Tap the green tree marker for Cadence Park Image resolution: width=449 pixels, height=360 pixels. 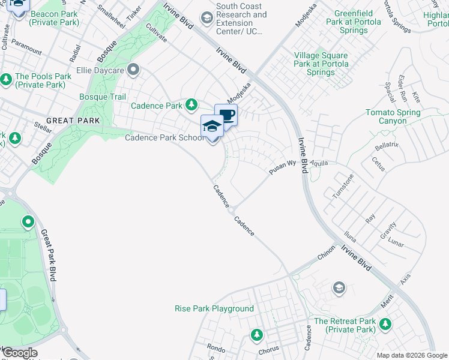pos(191,106)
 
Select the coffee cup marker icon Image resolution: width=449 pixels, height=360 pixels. pos(226,114)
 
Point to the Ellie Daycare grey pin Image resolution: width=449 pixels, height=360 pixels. pos(133,71)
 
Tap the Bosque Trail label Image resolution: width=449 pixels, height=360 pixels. pos(103,97)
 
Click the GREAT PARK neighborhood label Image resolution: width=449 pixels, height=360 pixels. pos(73,121)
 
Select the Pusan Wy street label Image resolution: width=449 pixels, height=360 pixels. pos(282,167)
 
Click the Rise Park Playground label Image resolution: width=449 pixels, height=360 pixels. pos(214,308)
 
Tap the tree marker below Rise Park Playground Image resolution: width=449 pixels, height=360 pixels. pos(257,334)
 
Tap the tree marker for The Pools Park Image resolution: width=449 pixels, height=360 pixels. pos(6,79)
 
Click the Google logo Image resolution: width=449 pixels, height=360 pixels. pos(20,353)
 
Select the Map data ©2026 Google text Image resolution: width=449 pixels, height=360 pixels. pos(412,355)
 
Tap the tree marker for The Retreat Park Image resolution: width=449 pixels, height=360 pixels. pos(385,325)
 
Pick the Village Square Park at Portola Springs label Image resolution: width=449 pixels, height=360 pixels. pos(321,64)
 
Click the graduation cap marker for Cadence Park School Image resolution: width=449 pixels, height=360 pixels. pos(211,126)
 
